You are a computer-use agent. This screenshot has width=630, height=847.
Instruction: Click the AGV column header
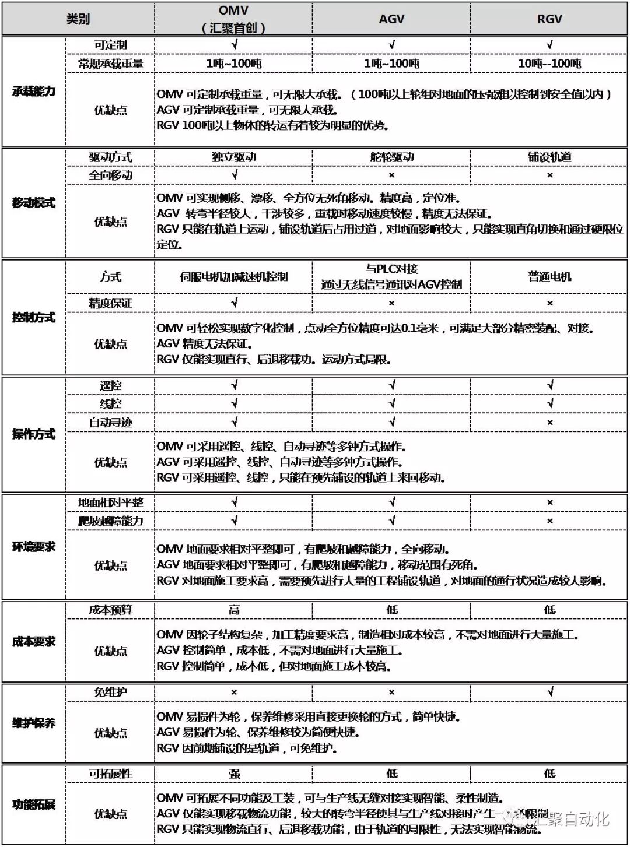[x=391, y=19]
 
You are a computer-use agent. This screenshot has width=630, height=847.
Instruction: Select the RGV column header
[x=549, y=19]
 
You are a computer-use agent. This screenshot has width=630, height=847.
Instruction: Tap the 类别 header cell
[x=78, y=19]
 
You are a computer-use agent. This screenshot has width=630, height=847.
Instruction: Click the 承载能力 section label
[x=34, y=91]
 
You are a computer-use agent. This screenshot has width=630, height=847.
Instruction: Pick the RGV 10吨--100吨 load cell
[x=549, y=64]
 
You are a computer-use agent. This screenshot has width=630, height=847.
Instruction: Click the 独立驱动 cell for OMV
[x=234, y=157]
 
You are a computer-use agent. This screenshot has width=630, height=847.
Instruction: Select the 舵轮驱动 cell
[x=391, y=157]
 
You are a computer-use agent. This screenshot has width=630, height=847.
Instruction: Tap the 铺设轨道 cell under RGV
[x=549, y=157]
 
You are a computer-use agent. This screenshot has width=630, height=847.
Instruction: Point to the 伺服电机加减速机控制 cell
[x=234, y=277]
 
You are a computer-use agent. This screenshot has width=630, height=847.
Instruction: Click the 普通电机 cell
[x=549, y=277]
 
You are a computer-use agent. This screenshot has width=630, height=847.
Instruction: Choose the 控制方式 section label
[x=34, y=318]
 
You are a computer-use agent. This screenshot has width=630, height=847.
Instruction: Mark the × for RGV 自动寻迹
[x=549, y=423]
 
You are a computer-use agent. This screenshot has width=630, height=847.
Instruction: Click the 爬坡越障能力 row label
[x=111, y=521]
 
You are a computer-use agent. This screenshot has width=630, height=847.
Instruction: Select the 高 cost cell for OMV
[x=234, y=610]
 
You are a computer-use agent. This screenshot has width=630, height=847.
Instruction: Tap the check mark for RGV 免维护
[x=549, y=692]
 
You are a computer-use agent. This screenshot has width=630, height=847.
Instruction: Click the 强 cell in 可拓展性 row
[x=234, y=774]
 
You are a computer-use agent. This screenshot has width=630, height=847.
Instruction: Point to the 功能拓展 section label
[x=34, y=805]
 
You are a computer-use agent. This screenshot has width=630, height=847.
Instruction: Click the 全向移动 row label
[x=111, y=175]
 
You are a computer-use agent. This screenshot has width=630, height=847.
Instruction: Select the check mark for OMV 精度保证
[x=234, y=303]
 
